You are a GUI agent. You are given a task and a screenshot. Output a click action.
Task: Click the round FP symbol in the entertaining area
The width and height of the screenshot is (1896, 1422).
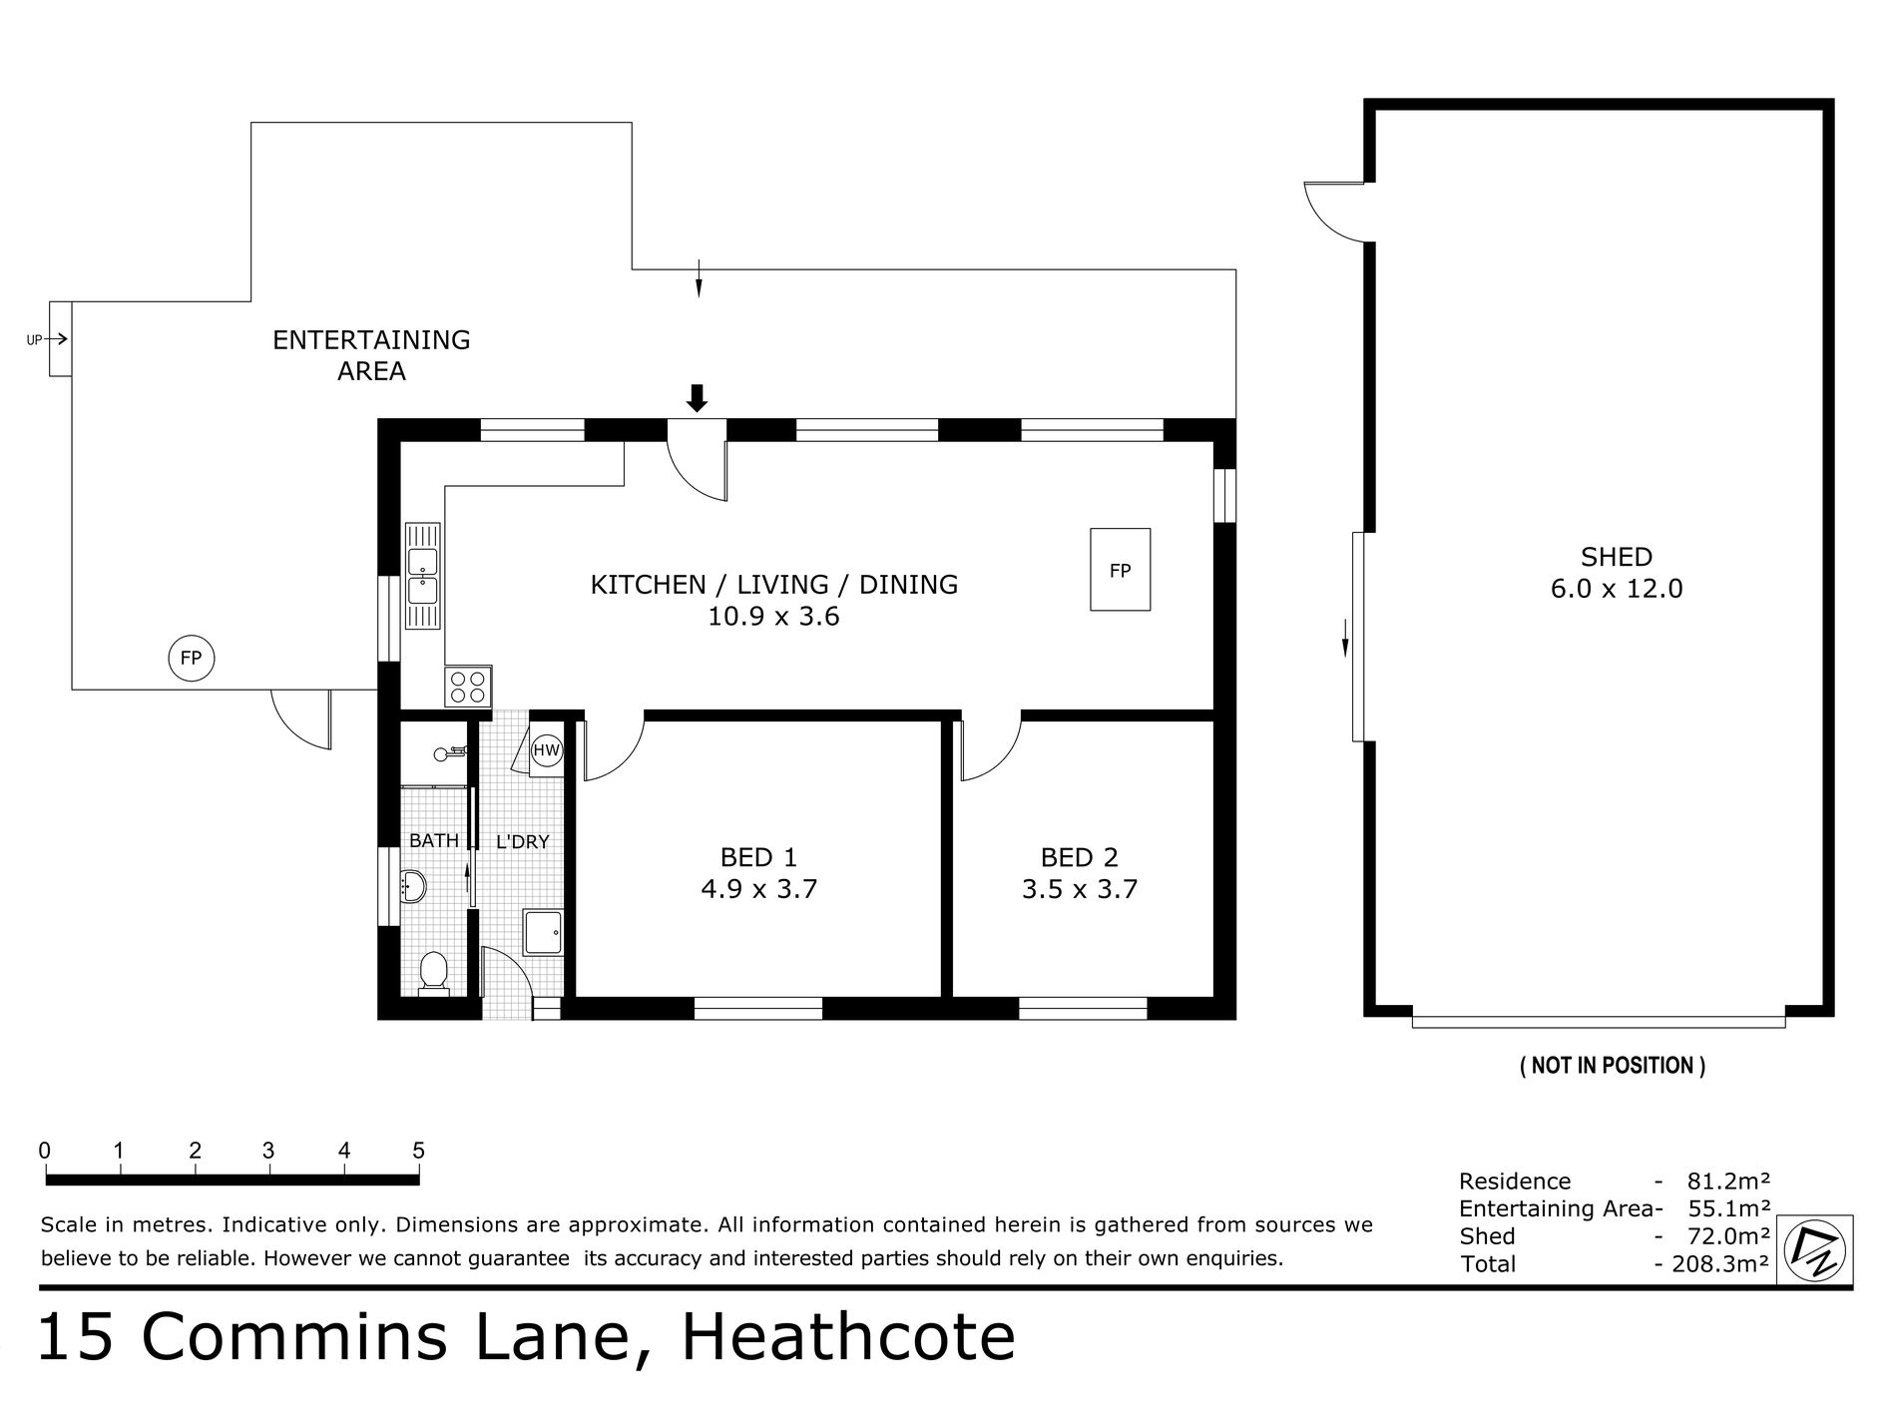point(191,659)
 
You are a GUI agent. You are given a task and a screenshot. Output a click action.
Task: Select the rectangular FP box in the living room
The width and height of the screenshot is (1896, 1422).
point(1120,570)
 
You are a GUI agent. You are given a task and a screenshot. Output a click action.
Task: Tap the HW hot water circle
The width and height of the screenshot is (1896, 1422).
point(547,750)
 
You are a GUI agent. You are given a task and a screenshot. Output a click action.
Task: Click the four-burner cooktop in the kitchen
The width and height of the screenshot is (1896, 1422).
point(468,687)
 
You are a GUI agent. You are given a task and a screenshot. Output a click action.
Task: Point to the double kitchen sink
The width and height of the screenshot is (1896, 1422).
point(422,577)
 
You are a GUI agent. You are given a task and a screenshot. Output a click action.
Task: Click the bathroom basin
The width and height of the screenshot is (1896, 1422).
point(412,885)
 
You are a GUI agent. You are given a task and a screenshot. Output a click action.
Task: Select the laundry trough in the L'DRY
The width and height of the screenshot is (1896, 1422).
point(544,933)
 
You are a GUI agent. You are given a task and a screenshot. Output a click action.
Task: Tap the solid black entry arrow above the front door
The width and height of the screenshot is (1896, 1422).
point(698,398)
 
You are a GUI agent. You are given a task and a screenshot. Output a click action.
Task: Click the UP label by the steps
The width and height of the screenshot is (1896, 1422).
point(34,340)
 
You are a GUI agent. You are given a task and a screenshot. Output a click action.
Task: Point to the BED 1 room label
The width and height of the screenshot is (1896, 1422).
point(758,857)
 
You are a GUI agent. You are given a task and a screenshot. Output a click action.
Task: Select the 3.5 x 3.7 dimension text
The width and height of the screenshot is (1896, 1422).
point(1080,889)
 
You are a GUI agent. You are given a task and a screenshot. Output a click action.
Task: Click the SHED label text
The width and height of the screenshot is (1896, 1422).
point(1616,557)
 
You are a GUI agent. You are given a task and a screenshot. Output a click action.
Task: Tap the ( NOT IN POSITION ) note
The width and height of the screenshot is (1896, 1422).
point(1612,1066)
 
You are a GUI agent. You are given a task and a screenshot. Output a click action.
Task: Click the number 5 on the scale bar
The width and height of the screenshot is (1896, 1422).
point(418,1151)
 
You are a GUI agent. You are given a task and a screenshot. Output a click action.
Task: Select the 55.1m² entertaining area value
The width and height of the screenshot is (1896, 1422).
point(1728,1208)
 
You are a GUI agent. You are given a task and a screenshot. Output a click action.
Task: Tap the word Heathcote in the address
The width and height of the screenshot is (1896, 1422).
point(847,1339)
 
